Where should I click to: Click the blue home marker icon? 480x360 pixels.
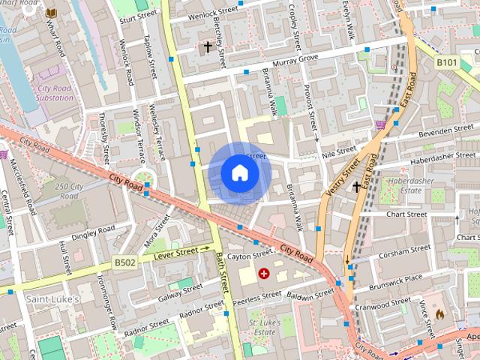click(x=239, y=173)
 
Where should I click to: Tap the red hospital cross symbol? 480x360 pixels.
click(x=263, y=274)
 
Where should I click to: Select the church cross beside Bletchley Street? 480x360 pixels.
click(x=208, y=47)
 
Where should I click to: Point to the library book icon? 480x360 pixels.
click(x=51, y=13)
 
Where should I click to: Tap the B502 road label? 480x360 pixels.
click(x=124, y=263)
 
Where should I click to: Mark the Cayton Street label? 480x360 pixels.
click(x=248, y=256)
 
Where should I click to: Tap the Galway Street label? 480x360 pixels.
click(x=181, y=293)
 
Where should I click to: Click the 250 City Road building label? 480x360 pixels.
click(x=68, y=191)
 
